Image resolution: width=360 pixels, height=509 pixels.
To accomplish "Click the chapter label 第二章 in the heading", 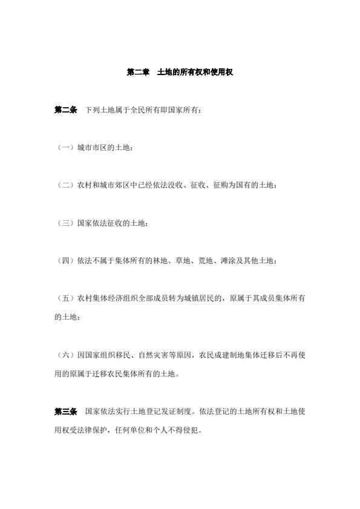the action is click(x=138, y=72).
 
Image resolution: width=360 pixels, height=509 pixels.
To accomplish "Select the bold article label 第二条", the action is click(x=66, y=110).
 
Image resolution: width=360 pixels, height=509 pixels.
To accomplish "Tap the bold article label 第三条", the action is click(x=66, y=412).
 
